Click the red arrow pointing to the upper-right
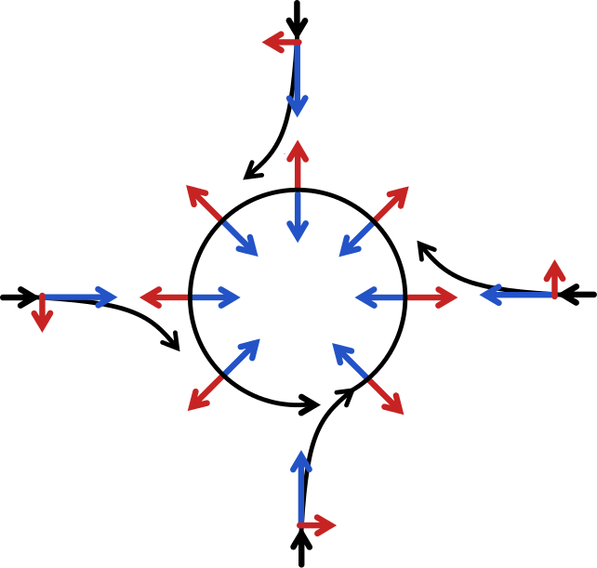tap(392, 203)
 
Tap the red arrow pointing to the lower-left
tap(204, 394)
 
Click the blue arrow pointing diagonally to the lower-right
tap(240, 238)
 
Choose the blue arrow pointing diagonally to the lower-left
tap(356, 239)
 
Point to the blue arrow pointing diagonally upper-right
tap(242, 357)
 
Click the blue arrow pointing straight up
tap(299, 488)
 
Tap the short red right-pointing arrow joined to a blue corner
tap(317, 525)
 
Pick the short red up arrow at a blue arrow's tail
tap(554, 279)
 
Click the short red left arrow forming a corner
tap(281, 42)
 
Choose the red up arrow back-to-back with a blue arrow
tap(297, 165)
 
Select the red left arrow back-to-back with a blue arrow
tap(164, 297)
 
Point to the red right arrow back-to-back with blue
tap(432, 297)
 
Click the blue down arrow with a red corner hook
tap(297, 80)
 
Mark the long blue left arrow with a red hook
tap(517, 296)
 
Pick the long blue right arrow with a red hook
tap(80, 297)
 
